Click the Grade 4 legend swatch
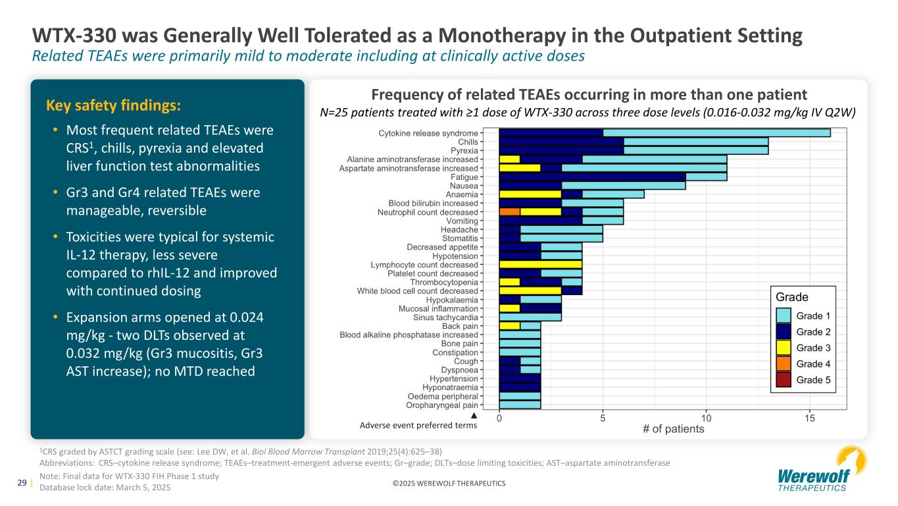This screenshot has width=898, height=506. pos(784,364)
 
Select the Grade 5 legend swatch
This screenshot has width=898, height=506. pos(784,379)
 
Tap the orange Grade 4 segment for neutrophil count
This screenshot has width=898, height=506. pos(510,211)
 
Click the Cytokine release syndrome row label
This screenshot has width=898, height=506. pos(429,133)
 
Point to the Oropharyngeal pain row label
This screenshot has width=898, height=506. pos(443,405)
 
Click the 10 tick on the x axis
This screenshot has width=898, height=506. pos(707,418)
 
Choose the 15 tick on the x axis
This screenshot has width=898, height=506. pos(810,418)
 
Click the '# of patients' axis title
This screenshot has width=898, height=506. pos(673,430)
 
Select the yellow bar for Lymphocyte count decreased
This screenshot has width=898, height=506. pos(541,264)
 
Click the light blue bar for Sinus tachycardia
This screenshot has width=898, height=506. pos(530,317)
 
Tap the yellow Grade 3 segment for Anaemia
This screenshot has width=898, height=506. pos(530,194)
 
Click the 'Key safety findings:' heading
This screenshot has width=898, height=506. pos(113,105)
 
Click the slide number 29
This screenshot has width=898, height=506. pos(21,483)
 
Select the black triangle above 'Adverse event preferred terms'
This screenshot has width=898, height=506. pos(473,416)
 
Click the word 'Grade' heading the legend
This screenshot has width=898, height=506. pos(792,297)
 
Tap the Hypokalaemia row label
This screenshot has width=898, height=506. pos(453,300)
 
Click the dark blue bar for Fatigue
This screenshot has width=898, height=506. pos(592,177)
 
